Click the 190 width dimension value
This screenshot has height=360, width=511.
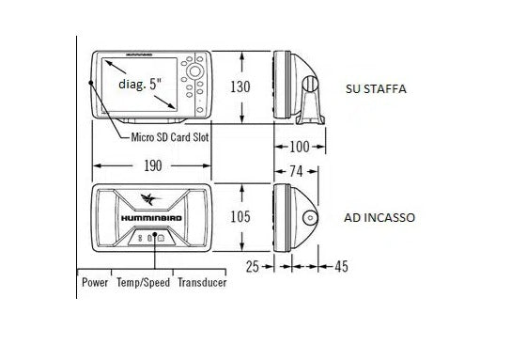153,165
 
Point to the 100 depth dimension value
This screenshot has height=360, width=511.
300,148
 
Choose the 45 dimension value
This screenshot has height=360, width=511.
340,267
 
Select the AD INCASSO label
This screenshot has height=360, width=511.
379,217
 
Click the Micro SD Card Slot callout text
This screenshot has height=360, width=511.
170,136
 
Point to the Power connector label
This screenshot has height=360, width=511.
95,282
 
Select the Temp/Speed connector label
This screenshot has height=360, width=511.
143,282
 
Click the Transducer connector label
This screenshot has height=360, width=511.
202,282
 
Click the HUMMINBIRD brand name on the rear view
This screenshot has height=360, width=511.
152,217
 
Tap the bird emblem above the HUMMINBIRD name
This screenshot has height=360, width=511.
150,199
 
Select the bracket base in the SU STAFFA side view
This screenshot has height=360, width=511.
309,118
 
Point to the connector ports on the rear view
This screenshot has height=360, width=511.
150,238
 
